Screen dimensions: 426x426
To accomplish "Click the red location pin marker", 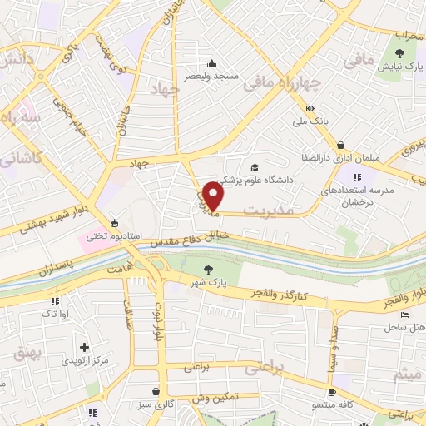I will coord(214,197).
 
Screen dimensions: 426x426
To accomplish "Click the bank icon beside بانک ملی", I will coord(310,108).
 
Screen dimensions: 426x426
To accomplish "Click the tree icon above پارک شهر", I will coord(207,269).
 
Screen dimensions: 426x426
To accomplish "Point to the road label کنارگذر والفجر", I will coord(280,297).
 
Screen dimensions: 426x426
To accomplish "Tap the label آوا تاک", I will coord(42,315).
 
